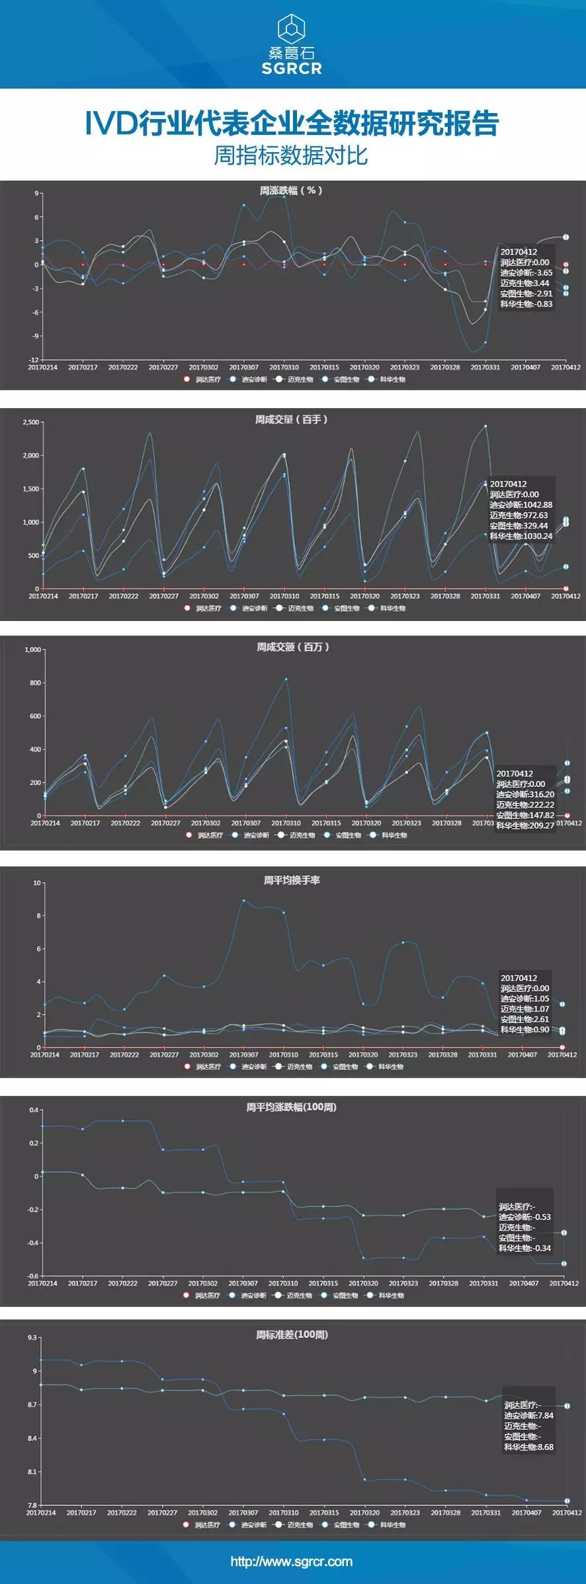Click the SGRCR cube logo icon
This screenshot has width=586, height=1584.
292,28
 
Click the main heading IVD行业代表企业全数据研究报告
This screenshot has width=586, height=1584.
292,124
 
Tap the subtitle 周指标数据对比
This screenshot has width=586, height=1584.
291,155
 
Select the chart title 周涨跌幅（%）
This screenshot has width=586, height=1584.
291,190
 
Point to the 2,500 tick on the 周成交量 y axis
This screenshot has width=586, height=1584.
31,422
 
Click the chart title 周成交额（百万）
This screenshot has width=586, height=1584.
292,647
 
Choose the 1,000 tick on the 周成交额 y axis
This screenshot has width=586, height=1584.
33,649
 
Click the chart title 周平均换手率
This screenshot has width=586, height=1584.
292,880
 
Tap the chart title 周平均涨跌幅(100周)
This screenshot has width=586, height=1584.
291,1107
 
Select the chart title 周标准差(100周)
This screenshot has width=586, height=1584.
292,1335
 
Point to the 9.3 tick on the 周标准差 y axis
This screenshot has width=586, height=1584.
32,1337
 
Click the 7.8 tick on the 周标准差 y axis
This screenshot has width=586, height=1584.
32,1505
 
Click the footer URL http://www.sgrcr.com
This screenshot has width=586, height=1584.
292,1562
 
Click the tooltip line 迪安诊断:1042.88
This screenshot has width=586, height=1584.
521,505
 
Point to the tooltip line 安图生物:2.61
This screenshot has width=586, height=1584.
524,1019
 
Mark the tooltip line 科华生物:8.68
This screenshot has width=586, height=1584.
528,1447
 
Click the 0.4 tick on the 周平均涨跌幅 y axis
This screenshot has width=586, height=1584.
34,1110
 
